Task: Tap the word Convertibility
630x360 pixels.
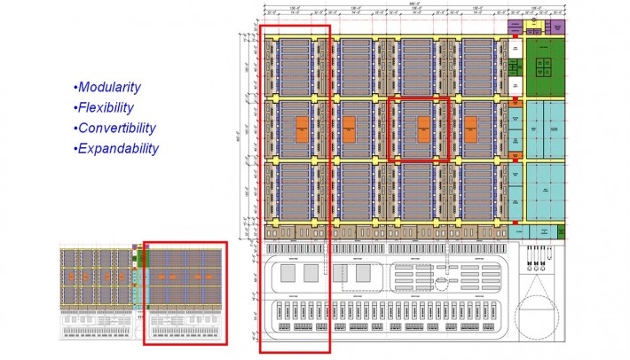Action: coord(116,128)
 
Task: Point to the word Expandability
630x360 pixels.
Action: coord(118,149)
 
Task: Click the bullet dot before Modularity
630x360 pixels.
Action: coord(75,88)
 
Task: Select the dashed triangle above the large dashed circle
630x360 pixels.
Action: coord(539,274)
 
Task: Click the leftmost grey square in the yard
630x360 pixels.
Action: coord(289,274)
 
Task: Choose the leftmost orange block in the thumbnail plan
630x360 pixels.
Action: coord(74,277)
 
